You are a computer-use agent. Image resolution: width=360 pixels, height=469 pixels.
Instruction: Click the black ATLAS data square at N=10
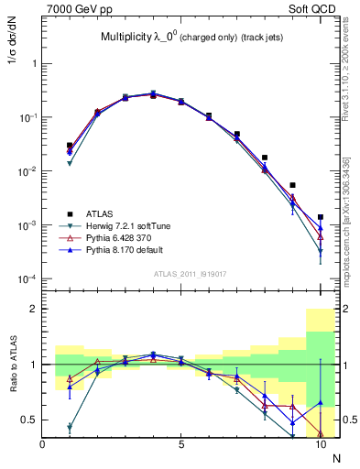click(x=320, y=217)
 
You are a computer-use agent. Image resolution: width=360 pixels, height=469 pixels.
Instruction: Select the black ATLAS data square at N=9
click(x=292, y=185)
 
